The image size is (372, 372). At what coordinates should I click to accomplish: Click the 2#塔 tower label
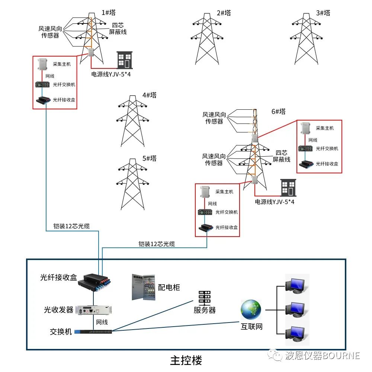pyautogui.click(x=224, y=13)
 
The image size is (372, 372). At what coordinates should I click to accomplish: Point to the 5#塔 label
pyautogui.click(x=149, y=158)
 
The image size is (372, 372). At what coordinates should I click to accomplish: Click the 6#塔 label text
pyautogui.click(x=278, y=111)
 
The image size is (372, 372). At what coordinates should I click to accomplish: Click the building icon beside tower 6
pyautogui.click(x=288, y=187)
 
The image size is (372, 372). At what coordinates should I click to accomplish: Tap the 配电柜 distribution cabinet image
pyautogui.click(x=143, y=287)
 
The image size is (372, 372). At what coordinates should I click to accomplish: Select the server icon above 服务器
pyautogui.click(x=205, y=297)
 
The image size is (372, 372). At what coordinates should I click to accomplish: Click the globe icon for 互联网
pyautogui.click(x=251, y=310)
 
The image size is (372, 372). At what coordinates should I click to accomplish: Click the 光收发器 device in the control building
pyautogui.click(x=94, y=310)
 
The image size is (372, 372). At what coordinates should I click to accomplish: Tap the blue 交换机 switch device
pyautogui.click(x=93, y=331)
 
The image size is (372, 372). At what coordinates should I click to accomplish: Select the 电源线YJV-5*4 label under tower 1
pyautogui.click(x=111, y=74)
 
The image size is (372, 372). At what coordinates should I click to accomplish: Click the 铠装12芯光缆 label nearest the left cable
pyautogui.click(x=71, y=226)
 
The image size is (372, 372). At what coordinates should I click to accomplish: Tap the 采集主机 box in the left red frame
pyautogui.click(x=43, y=64)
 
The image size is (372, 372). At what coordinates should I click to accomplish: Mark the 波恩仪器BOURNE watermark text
pyautogui.click(x=322, y=356)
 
